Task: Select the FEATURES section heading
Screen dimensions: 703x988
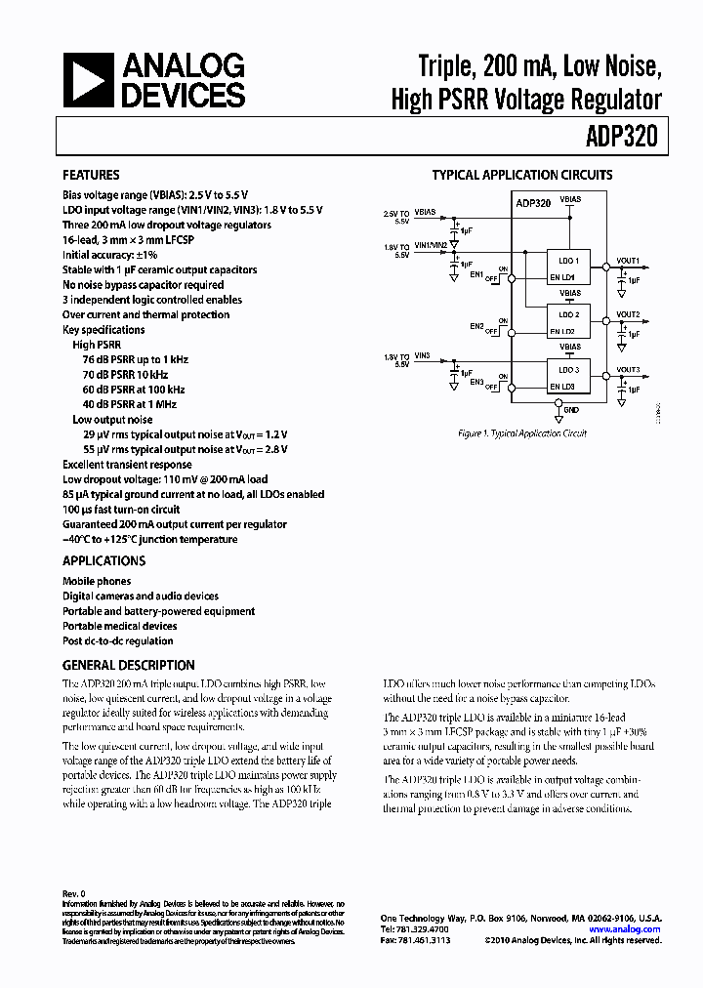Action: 91,176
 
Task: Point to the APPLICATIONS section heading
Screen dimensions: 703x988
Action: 103,561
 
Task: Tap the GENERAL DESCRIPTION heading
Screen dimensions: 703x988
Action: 129,666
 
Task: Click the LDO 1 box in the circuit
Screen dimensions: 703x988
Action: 569,262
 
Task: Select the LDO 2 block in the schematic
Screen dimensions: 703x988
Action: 569,314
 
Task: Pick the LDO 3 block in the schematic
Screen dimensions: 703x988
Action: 569,370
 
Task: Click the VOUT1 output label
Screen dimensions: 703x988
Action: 628,261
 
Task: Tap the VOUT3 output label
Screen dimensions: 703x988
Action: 628,369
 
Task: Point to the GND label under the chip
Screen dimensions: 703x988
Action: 570,411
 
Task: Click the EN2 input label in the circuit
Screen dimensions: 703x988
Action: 476,326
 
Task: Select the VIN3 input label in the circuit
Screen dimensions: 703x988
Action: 423,357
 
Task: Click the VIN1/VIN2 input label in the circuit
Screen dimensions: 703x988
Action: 431,244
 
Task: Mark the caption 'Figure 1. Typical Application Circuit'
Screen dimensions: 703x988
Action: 522,433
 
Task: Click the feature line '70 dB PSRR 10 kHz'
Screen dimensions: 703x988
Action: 125,375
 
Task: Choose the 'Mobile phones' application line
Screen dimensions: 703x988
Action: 97,581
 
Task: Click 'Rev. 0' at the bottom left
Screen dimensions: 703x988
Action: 74,893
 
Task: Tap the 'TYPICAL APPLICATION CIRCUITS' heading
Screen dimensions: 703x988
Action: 522,176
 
